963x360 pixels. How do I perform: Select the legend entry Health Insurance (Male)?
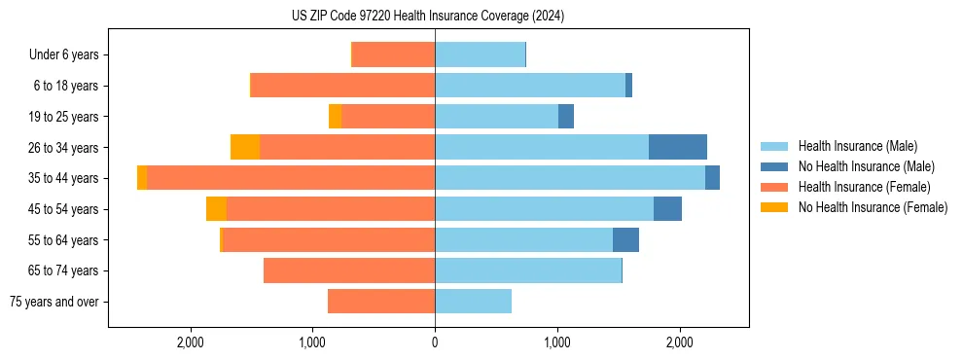[857, 146]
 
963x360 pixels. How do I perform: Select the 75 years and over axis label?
[54, 302]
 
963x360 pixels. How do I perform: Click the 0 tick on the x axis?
[435, 342]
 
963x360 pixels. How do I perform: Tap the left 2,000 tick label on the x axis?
[191, 342]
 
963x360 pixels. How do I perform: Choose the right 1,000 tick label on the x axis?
[557, 342]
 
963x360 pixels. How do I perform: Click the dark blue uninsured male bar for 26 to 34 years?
[677, 147]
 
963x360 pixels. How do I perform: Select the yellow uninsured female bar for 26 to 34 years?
[245, 147]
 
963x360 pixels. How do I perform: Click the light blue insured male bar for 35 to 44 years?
[569, 178]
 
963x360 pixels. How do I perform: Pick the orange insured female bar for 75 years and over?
[381, 302]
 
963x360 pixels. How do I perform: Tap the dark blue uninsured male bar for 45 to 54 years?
[667, 209]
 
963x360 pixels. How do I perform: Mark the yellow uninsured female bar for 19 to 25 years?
[335, 117]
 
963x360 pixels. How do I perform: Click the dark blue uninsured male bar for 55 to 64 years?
[625, 239]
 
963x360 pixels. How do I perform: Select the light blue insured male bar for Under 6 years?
[480, 54]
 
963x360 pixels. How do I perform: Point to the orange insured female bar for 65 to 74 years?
[349, 270]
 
